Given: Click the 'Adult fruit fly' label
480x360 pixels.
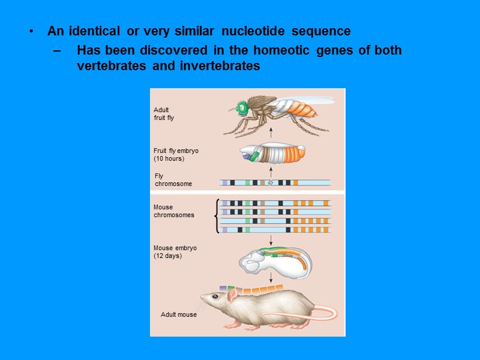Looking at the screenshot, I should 164,114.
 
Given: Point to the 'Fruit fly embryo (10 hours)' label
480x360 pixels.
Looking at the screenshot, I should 176,155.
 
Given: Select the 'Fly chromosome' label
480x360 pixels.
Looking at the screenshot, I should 173,180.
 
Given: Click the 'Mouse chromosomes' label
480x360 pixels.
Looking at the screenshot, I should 173,211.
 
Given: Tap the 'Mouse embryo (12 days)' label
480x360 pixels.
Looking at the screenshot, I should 175,251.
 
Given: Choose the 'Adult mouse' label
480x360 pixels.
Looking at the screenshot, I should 178,314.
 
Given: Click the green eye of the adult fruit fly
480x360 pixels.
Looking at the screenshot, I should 241,109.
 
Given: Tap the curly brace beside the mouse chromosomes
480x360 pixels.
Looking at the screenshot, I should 217,216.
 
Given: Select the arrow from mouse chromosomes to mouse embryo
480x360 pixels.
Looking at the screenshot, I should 271,239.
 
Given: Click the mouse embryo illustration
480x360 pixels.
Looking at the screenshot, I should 275,260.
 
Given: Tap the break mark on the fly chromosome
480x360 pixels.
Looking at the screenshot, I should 270,182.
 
